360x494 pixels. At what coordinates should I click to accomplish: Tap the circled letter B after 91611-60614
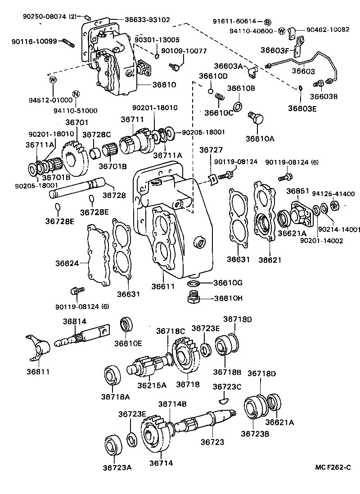(x=267, y=22)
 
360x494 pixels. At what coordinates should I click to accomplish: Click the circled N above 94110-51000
(x=76, y=94)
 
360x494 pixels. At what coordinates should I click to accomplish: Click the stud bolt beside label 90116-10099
(x=67, y=42)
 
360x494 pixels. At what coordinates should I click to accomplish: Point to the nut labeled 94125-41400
(x=335, y=207)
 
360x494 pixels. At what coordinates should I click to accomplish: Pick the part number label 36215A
(x=151, y=385)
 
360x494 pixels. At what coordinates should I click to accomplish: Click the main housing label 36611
(x=162, y=286)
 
